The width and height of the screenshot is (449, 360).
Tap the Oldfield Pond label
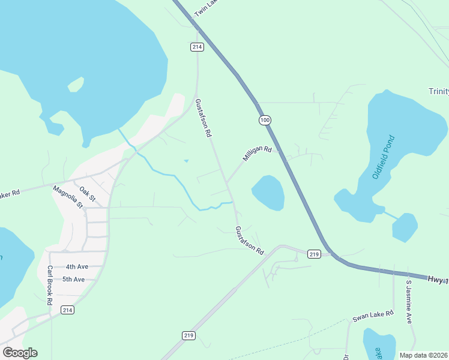pos(384,158)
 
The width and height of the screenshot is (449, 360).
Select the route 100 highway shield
pos(265,121)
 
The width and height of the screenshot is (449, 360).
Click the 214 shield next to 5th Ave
pos(67,310)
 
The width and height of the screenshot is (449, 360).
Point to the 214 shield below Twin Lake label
pos(197,47)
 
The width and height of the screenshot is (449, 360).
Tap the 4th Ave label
pos(77,266)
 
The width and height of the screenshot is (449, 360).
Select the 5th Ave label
pos(74,279)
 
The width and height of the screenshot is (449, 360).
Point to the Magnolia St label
pos(68,196)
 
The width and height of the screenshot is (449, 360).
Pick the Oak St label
pos(88,194)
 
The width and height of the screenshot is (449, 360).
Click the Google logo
pos(20,353)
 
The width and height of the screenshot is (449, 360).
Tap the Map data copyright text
pos(424,355)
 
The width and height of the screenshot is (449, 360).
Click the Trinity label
pos(438,91)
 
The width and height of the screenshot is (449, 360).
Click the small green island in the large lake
pos(76,85)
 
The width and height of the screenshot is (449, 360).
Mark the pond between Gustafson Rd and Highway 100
pos(268,193)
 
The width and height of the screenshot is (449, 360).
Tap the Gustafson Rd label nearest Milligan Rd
pos(202,119)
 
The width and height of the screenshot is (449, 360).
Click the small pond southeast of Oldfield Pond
pos(405,227)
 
